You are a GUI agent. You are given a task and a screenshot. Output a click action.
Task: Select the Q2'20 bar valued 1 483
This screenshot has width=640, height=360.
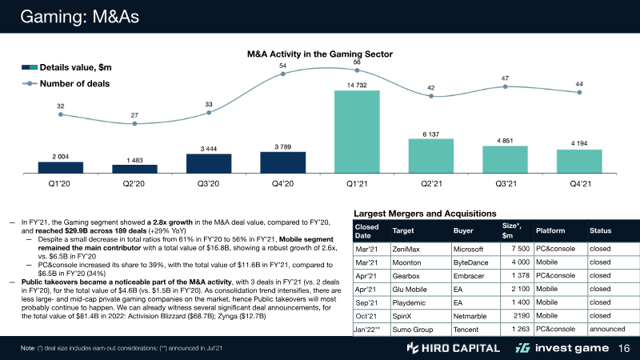point(134,168)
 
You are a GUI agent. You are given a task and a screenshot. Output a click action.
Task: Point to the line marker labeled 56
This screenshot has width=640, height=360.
point(357,70)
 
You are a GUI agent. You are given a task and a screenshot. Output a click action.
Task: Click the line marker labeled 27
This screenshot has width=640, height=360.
point(134,124)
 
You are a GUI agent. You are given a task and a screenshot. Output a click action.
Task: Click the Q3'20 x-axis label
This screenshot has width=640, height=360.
point(208,184)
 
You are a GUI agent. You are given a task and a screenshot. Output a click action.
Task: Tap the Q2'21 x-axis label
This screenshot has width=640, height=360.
point(430,184)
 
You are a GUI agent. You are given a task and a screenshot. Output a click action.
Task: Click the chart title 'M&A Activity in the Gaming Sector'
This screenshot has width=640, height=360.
point(319,54)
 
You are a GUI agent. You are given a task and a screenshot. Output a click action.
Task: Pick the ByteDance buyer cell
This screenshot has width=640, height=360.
point(472,262)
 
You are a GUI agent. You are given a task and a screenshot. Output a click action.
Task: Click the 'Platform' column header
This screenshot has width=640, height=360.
point(552,230)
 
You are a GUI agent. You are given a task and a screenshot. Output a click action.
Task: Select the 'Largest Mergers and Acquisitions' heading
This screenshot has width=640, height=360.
point(422,214)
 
